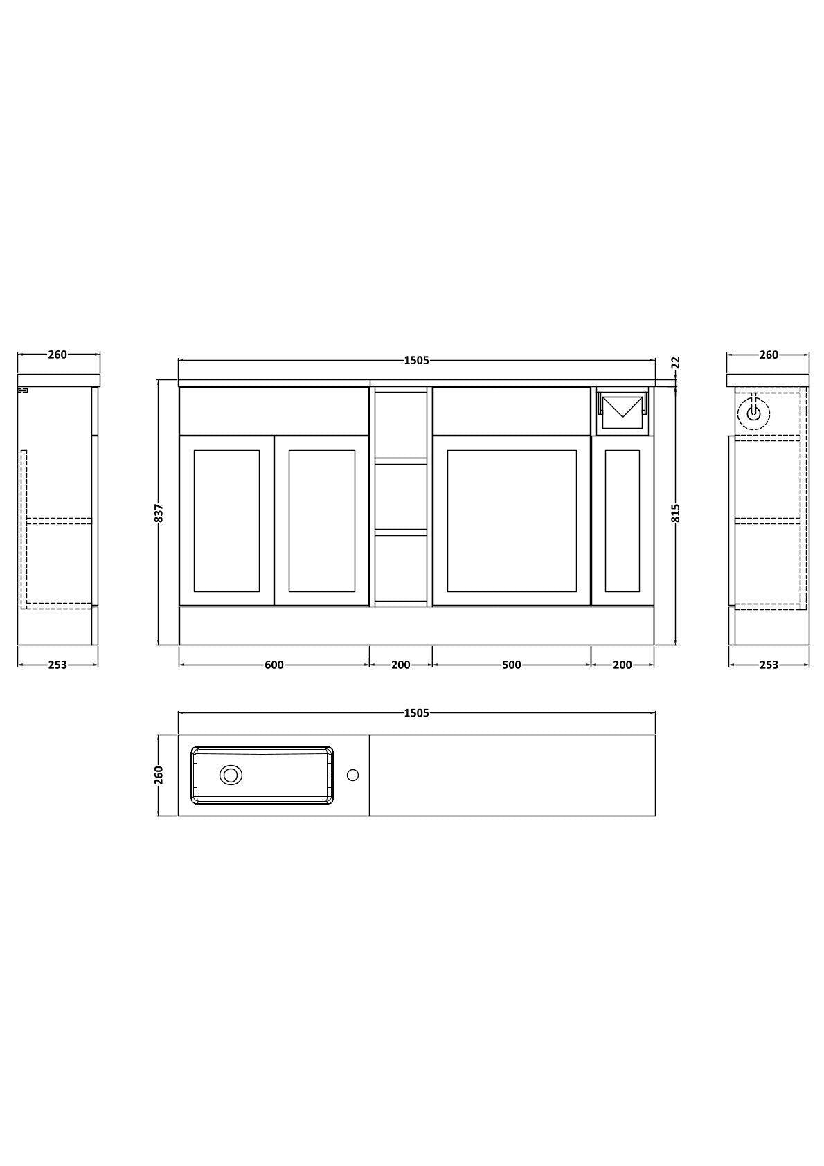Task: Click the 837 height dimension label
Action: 160,513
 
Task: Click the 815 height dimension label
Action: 677,513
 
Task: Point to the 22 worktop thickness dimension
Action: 677,362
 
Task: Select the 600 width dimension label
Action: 274,665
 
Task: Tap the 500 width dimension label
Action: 512,665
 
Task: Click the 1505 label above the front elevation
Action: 416,360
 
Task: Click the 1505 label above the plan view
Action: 416,713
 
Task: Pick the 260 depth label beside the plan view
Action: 160,775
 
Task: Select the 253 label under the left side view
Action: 57,665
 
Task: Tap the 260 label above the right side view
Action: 769,355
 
